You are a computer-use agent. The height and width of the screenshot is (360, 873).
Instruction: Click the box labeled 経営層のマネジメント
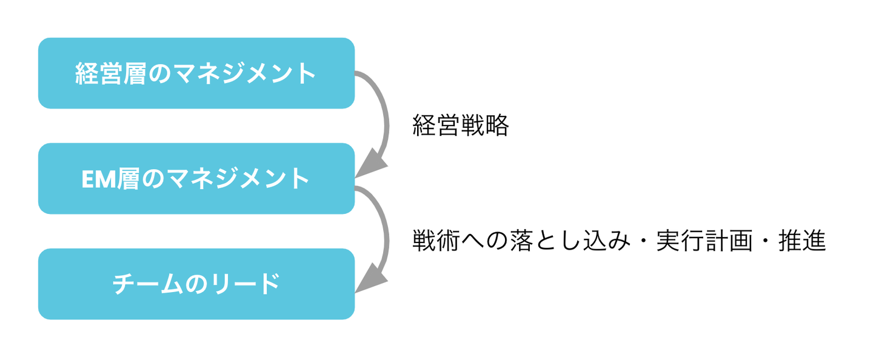[196, 73]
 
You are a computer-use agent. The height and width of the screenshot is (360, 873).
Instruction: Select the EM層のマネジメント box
[196, 179]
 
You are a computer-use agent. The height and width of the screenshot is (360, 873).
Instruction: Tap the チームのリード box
[196, 284]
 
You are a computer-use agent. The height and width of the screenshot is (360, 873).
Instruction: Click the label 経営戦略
[460, 125]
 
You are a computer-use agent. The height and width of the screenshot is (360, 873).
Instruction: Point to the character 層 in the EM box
[129, 179]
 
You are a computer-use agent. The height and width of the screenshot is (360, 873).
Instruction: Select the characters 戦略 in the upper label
[484, 125]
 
